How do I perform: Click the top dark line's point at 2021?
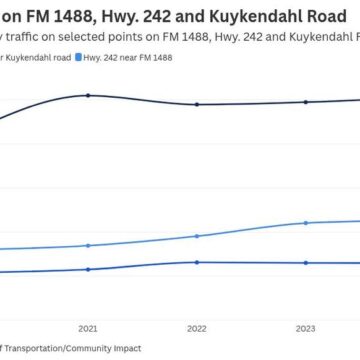coord(88,95)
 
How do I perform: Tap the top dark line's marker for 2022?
coord(197,104)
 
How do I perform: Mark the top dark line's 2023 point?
coord(306,102)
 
